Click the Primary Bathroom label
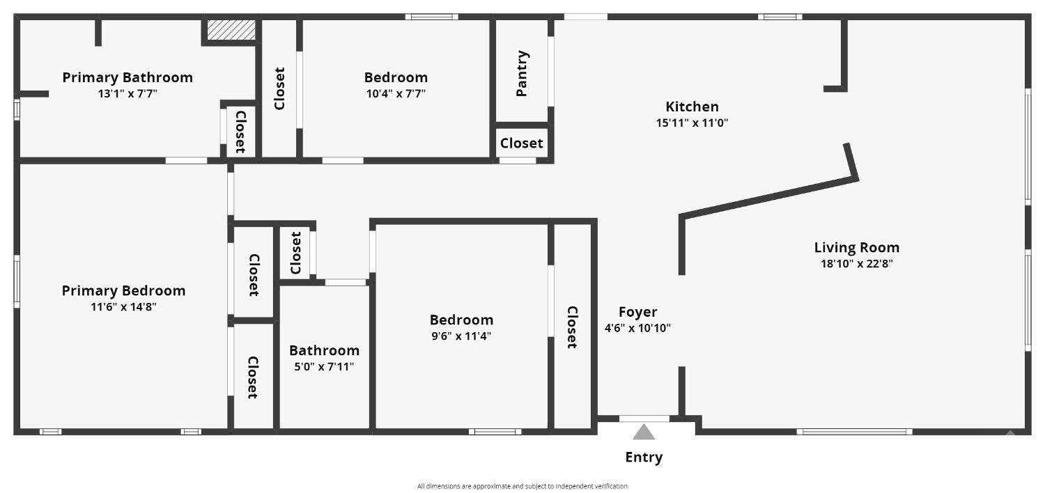coord(127,77)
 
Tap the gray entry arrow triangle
coord(644,432)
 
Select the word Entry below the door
coord(644,457)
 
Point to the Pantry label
coord(522,73)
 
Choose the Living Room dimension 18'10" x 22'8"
coord(857,263)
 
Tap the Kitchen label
coord(692,107)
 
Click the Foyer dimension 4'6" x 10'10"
coord(637,328)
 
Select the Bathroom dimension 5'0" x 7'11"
coord(324,366)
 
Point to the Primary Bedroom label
coord(124,290)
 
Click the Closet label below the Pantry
coord(521,143)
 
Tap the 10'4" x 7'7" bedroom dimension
coord(396,93)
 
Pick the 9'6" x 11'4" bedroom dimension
coord(461,336)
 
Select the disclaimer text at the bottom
coord(522,486)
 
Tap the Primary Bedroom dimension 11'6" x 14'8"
coord(124,306)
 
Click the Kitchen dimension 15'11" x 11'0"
coord(692,123)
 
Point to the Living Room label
coord(857,247)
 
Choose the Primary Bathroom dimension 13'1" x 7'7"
coord(127,93)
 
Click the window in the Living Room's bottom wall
coord(854,432)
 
